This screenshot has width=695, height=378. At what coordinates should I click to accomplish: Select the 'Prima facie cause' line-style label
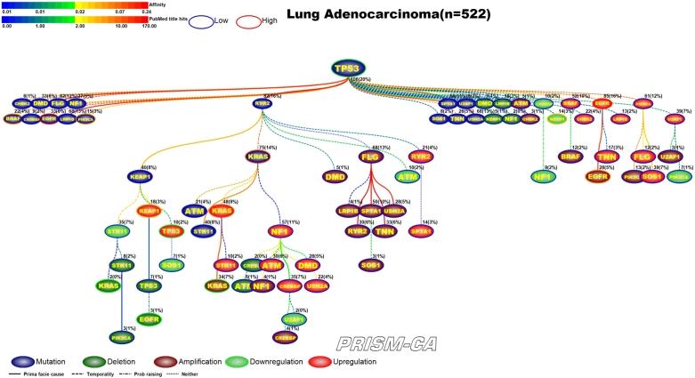point(43,373)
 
